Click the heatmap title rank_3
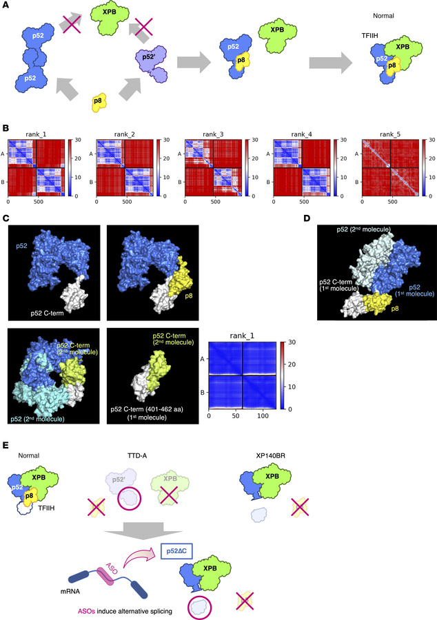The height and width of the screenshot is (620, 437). tap(201, 130)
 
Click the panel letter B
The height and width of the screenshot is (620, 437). tap(6, 127)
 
